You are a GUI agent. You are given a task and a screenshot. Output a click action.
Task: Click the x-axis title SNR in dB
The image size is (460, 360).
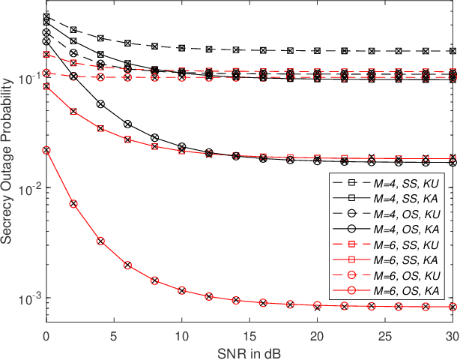[x=252, y=351]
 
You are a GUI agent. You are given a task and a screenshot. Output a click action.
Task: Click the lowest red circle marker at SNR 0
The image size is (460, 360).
[x=46, y=150]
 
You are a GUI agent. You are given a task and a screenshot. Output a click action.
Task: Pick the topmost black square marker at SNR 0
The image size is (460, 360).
[x=46, y=16]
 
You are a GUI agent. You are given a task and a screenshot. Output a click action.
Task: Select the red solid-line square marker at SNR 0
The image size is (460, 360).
[x=46, y=86]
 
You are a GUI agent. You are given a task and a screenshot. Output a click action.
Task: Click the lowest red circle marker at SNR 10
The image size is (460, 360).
[x=182, y=290]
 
